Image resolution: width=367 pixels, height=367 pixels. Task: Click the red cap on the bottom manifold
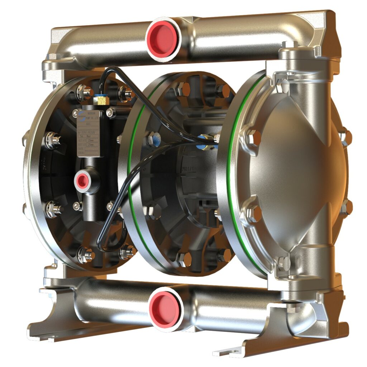point(165,308)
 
